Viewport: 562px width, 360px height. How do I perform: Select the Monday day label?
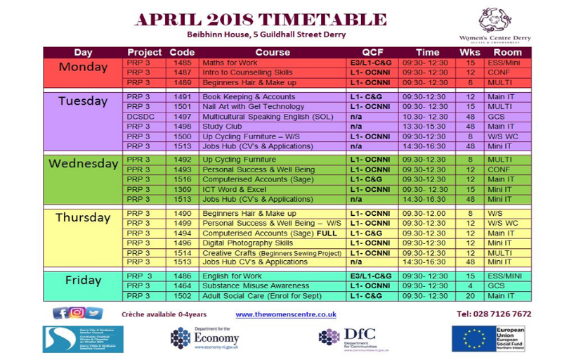tap(83, 68)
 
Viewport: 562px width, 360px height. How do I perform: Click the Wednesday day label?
tap(83, 164)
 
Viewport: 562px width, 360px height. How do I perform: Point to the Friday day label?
tap(83, 280)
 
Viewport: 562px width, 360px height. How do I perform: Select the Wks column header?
tap(469, 52)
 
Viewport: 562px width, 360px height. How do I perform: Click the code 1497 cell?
tap(183, 116)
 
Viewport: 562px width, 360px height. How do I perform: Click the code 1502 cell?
tap(183, 297)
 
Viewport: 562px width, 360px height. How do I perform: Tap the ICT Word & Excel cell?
tap(235, 189)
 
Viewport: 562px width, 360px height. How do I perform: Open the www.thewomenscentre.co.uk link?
tap(286, 314)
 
